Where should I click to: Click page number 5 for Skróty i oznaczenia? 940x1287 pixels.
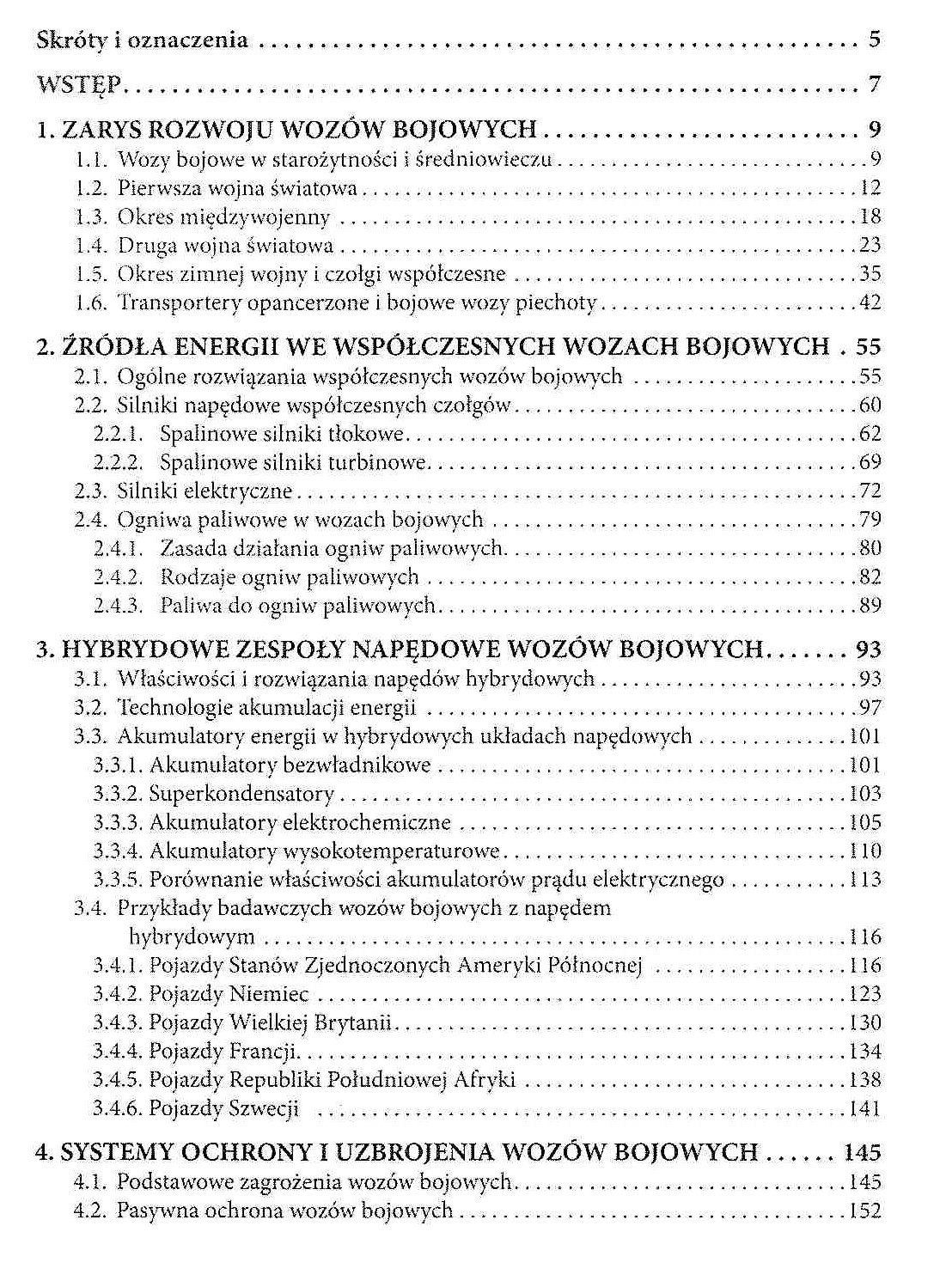click(x=874, y=39)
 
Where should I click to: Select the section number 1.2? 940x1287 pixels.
click(x=90, y=188)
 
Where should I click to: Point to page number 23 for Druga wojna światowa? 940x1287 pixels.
click(x=870, y=246)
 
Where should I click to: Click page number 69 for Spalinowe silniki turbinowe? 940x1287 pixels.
click(x=870, y=462)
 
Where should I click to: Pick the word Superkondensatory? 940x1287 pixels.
click(x=241, y=794)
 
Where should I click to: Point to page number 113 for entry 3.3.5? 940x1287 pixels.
click(x=864, y=880)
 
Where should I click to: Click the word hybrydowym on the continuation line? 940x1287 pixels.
click(x=192, y=936)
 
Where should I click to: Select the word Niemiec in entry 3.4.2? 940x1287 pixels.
click(x=269, y=994)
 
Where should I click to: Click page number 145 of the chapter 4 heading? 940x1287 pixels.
click(x=863, y=1152)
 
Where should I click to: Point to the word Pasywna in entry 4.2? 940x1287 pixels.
click(x=156, y=1211)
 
